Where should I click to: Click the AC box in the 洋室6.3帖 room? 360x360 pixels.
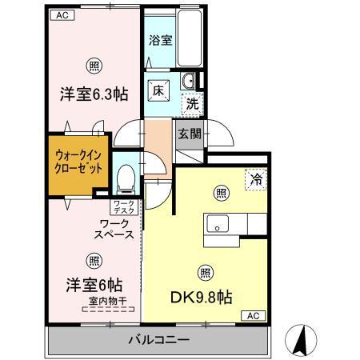[x=62, y=15]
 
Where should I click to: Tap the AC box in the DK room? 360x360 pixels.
[x=254, y=316]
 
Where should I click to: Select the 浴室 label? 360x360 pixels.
[x=161, y=41]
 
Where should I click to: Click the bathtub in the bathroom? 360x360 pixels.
[x=190, y=38]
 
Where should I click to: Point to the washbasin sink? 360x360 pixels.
[x=189, y=81]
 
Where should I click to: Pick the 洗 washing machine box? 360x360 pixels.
[x=193, y=104]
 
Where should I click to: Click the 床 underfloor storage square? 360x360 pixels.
[x=158, y=91]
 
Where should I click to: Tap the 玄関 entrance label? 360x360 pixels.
[x=190, y=134]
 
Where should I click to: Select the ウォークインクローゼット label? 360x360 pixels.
[x=78, y=162]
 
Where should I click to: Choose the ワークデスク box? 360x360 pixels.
[x=124, y=207]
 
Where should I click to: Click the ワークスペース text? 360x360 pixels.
[x=114, y=230]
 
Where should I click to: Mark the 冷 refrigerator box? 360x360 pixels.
[x=256, y=180]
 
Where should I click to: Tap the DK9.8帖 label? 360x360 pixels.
[x=202, y=298]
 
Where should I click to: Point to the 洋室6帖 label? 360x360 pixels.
[x=94, y=285]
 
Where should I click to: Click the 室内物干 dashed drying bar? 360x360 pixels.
[x=108, y=310]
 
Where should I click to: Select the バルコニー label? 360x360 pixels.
[x=159, y=340]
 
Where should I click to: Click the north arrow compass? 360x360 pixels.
[x=301, y=341]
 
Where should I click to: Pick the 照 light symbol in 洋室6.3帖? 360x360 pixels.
[x=94, y=66]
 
